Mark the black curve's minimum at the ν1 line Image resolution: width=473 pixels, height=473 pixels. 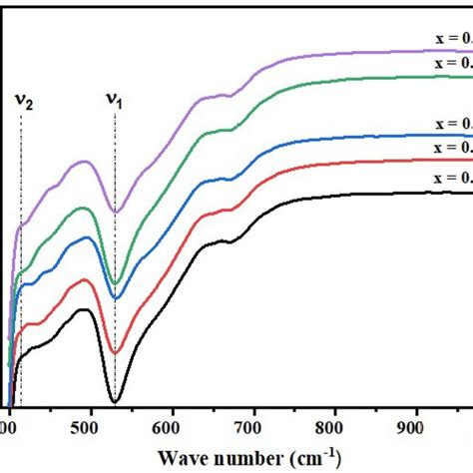click(115, 401)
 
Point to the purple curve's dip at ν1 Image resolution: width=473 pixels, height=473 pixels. click(116, 212)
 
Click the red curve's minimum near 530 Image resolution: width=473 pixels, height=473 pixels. click(115, 353)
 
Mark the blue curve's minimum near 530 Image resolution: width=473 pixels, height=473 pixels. click(116, 297)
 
